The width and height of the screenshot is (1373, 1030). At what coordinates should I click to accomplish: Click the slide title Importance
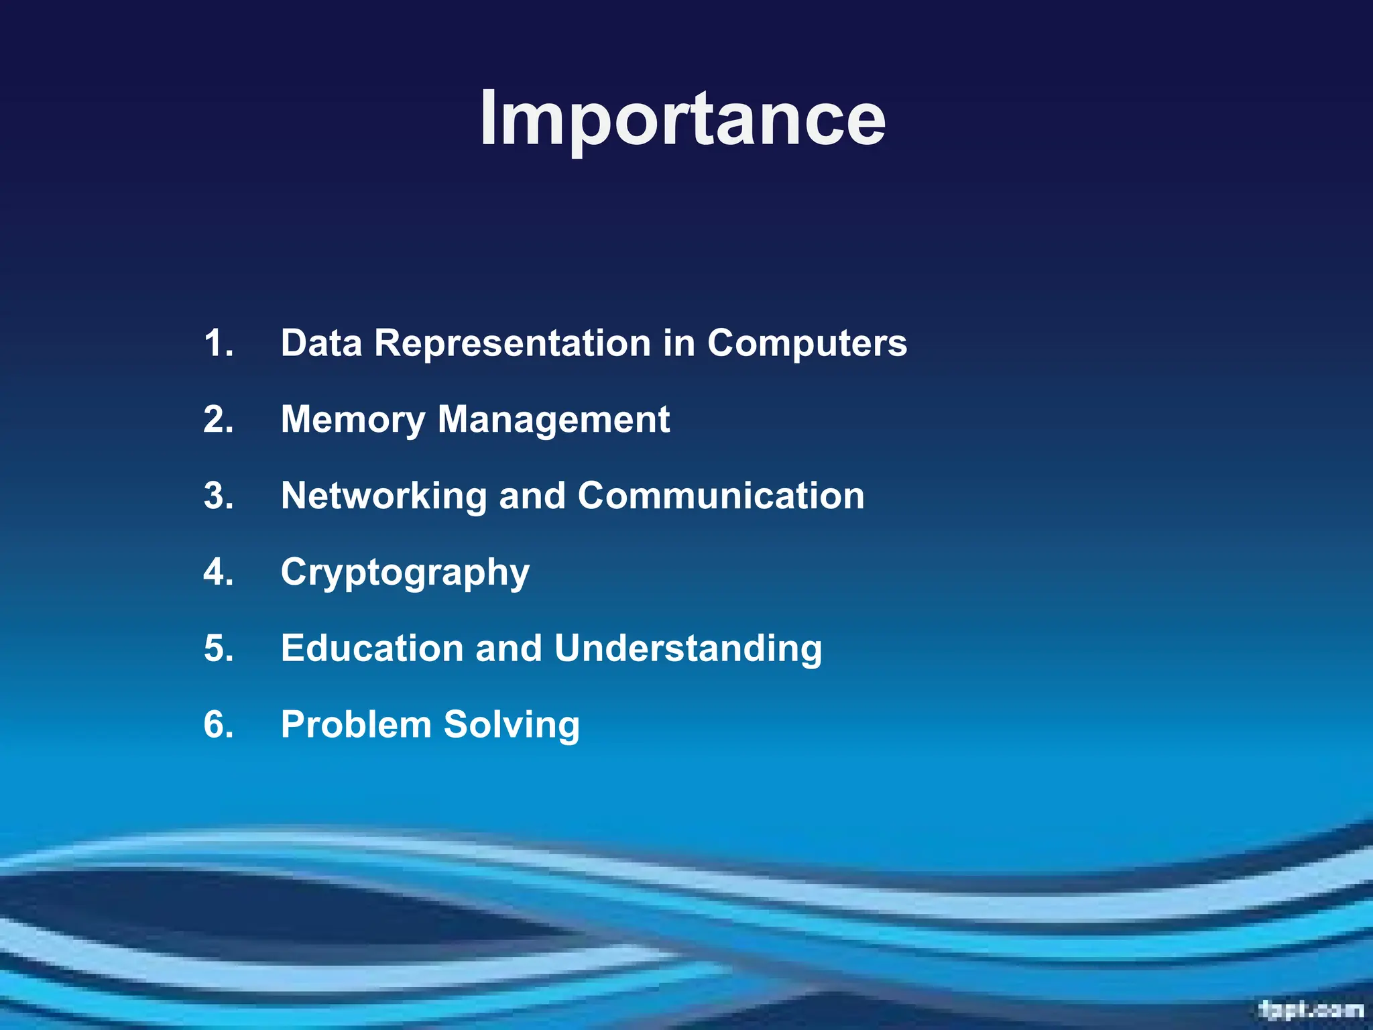click(682, 119)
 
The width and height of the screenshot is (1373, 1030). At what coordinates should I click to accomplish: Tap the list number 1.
click(219, 343)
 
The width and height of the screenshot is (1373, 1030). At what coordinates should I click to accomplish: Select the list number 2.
click(219, 420)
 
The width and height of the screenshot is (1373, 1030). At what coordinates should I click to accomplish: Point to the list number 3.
click(219, 496)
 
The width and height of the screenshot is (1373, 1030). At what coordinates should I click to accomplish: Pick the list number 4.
click(219, 573)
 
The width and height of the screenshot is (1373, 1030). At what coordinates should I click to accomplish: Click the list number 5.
click(219, 649)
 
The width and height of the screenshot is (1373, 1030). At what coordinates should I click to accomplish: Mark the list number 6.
click(219, 726)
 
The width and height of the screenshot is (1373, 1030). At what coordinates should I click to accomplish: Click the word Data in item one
click(321, 343)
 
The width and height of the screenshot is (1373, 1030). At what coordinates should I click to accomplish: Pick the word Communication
click(721, 496)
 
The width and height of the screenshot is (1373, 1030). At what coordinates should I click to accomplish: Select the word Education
click(372, 649)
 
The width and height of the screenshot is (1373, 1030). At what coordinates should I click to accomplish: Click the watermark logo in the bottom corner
click(1311, 1010)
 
